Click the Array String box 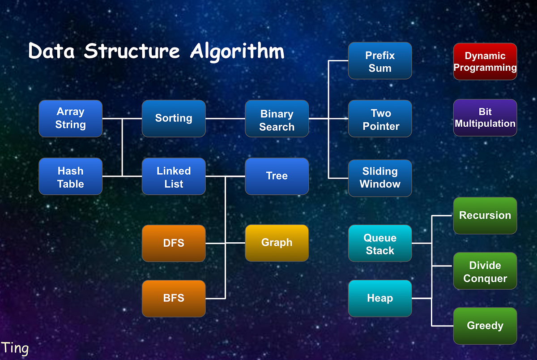pos(70,118)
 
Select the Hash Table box pos(70,176)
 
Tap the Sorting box pos(174,118)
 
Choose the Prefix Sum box pos(379,61)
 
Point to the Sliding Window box pos(379,178)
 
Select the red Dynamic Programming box pos(485,62)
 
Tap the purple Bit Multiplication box pos(485,118)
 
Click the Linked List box pos(174,176)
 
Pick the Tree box pos(277,176)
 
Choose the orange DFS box pos(174,243)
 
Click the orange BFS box pos(174,298)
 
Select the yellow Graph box pos(277,243)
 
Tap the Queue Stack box pos(379,244)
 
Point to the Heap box pos(379,298)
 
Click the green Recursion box pos(485,215)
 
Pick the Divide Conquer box pos(485,271)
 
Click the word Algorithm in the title pos(237,51)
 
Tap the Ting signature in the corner pos(15,348)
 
